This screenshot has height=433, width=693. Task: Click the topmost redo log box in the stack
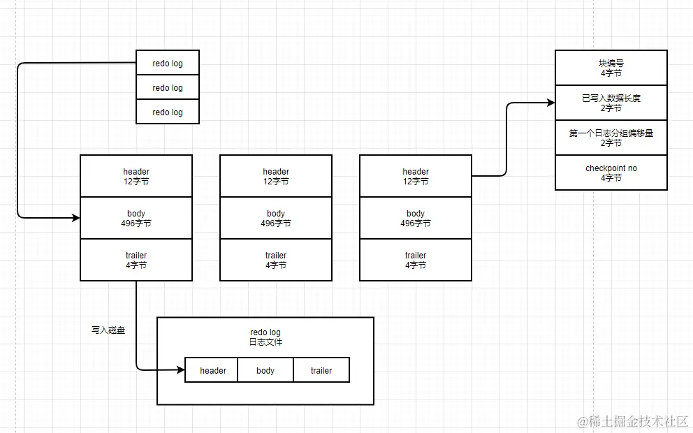point(168,63)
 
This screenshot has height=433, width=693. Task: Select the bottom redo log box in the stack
point(168,112)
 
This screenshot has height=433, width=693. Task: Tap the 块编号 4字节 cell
point(611,68)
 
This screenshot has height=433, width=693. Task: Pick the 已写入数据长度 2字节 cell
point(611,103)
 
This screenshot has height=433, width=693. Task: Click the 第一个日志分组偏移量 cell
point(611,138)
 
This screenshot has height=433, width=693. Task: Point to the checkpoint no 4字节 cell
point(611,173)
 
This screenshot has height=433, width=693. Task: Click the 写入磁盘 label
point(108,330)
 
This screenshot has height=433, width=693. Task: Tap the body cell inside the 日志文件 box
point(265,370)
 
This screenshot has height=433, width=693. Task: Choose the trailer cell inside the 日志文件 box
point(321,370)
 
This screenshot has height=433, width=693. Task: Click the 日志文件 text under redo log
point(265,342)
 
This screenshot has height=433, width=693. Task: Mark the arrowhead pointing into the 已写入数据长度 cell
point(550,103)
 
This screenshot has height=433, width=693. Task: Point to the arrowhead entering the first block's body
point(75,218)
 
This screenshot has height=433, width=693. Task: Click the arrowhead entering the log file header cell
point(180,370)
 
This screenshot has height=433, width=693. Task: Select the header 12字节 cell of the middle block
point(276,176)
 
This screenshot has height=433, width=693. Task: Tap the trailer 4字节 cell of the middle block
point(276,260)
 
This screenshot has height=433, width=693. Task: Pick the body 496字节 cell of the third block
point(416,218)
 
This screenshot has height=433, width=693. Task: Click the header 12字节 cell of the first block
point(136,176)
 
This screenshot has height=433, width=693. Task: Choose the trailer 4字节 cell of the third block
point(416,260)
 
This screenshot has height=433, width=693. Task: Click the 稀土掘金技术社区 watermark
point(633,421)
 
